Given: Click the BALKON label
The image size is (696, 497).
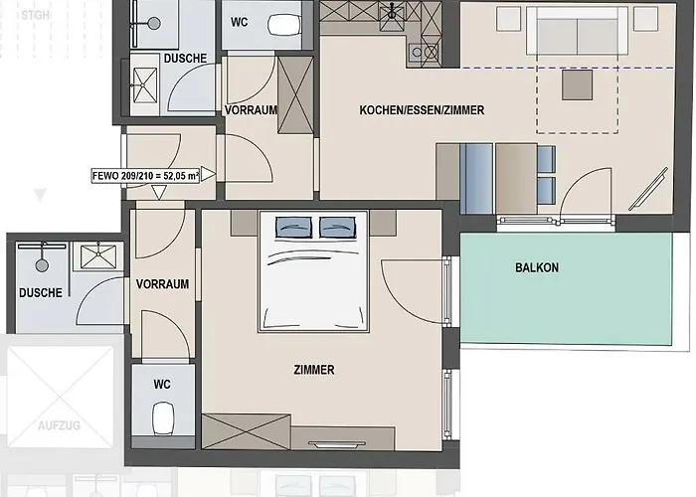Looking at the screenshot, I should click(x=537, y=267).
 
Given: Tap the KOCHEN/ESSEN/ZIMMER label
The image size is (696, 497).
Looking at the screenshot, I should click(x=422, y=110).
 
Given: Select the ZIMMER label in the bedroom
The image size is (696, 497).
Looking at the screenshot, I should click(x=314, y=370).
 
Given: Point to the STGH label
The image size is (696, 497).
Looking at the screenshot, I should click(x=34, y=14).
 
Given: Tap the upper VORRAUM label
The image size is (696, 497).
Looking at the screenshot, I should click(x=251, y=110).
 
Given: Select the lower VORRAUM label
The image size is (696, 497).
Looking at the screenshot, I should click(x=162, y=284).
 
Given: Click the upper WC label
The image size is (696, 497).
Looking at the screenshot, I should click(x=241, y=22).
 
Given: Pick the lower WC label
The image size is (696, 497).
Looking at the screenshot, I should click(x=162, y=384).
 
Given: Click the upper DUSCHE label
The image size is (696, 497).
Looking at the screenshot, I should click(x=185, y=59).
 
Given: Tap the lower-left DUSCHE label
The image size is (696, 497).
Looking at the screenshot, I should click(x=41, y=293).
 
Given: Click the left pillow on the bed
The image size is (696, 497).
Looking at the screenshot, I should click(x=294, y=228).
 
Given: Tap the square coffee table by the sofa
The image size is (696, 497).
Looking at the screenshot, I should click(x=577, y=85).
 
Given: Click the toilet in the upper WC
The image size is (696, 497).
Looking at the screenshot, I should click(x=287, y=24).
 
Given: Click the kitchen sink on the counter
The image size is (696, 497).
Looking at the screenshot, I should click(x=396, y=13).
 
